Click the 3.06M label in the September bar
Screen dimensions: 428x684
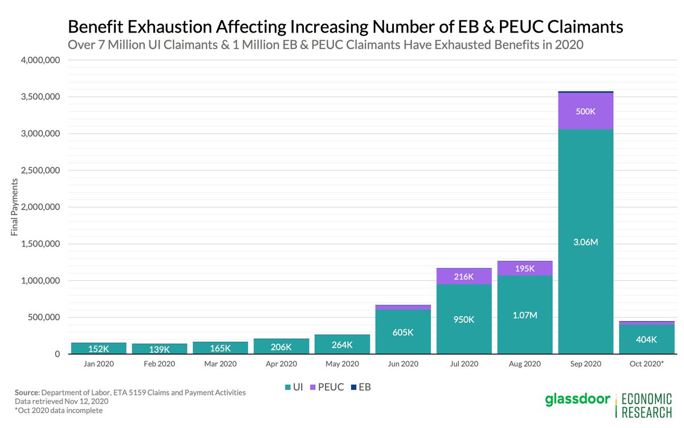[586, 243]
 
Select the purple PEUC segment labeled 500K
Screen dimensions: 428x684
[586, 111]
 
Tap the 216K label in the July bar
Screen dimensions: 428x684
[464, 276]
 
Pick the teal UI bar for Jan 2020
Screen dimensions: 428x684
[99, 348]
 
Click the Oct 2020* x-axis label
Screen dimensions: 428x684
[646, 364]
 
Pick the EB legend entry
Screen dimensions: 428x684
[361, 387]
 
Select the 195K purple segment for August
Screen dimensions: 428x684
[525, 268]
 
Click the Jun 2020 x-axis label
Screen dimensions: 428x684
[403, 364]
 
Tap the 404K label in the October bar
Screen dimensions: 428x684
[646, 339]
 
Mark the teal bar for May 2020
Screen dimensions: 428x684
[342, 344]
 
